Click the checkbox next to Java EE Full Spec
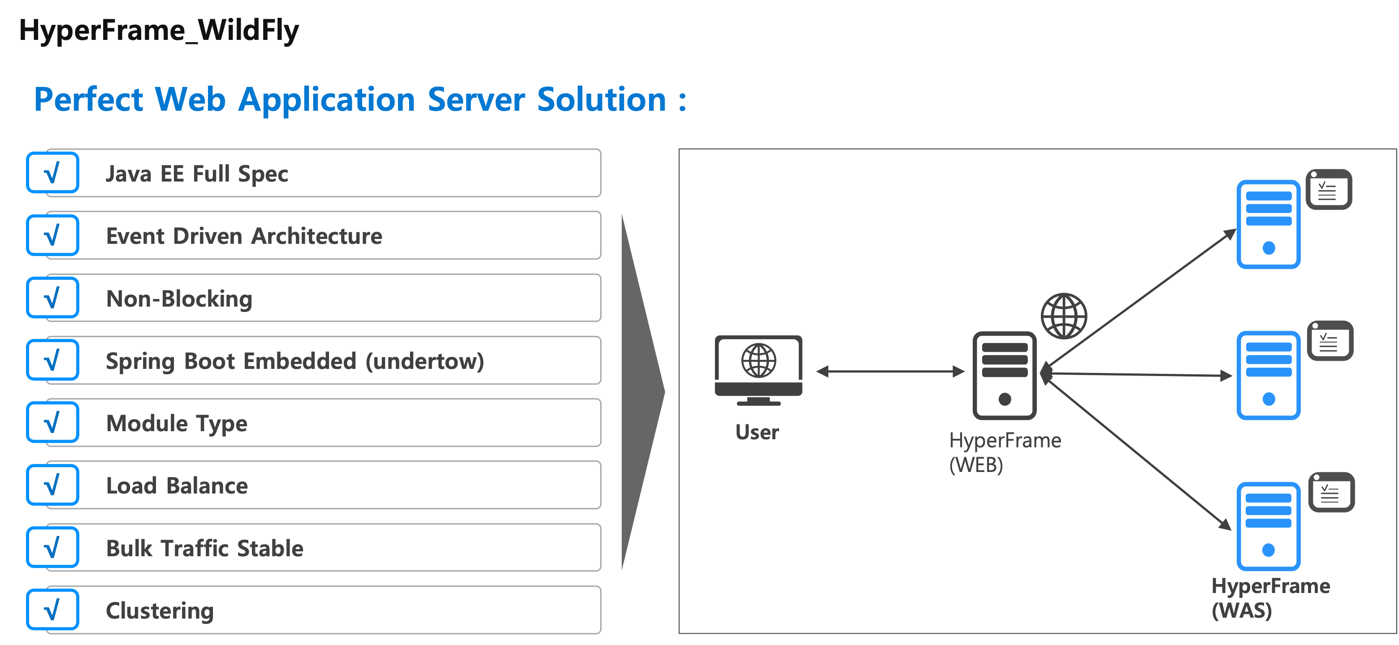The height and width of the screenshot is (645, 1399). tap(53, 173)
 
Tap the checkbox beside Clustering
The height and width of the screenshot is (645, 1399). tap(53, 610)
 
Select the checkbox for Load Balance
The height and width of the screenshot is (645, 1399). tap(53, 485)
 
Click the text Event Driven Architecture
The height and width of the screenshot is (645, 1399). tap(244, 236)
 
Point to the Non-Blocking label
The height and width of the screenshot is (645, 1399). tap(179, 299)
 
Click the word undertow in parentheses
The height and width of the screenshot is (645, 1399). tap(424, 361)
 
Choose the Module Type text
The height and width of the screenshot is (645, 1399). tap(177, 424)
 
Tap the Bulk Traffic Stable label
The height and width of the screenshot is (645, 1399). tap(204, 548)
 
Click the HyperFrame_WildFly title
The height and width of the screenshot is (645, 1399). tap(159, 30)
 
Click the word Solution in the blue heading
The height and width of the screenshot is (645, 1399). tap(601, 100)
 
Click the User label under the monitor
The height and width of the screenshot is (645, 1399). tap(757, 432)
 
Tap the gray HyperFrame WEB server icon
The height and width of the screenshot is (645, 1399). tap(1004, 375)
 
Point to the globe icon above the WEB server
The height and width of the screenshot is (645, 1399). tap(1063, 316)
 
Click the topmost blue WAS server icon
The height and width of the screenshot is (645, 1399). tap(1268, 224)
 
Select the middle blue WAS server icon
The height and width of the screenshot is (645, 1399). tap(1268, 375)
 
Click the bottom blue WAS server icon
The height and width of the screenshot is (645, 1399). tap(1268, 526)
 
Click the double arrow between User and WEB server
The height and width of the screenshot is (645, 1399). tap(891, 372)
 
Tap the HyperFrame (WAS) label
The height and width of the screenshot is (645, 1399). tap(1270, 598)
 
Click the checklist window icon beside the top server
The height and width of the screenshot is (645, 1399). tap(1328, 190)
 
